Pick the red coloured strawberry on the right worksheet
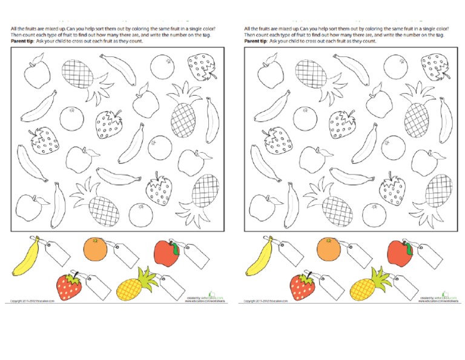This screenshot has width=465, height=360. [x=302, y=286]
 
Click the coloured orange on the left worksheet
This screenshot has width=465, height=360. [x=95, y=249]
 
